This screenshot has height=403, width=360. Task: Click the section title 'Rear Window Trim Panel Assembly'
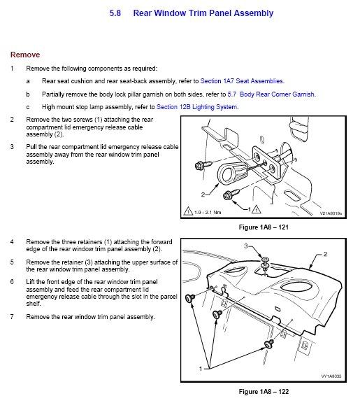pyautogui.click(x=203, y=13)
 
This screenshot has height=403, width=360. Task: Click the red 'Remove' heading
pyautogui.click(x=25, y=55)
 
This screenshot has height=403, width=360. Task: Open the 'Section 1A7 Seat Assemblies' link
pyautogui.click(x=242, y=81)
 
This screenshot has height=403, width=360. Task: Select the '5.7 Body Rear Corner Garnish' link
pyautogui.click(x=271, y=94)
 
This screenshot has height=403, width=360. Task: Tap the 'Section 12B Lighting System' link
pyautogui.click(x=197, y=107)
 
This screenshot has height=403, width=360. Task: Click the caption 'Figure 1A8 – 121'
pyautogui.click(x=264, y=227)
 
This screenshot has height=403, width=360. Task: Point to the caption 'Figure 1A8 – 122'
pyautogui.click(x=264, y=391)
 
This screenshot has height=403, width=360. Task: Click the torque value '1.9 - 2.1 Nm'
pyautogui.click(x=208, y=212)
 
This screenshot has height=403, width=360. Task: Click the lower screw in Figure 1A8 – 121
pyautogui.click(x=231, y=195)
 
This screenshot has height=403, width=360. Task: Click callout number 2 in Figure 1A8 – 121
pyautogui.click(x=203, y=195)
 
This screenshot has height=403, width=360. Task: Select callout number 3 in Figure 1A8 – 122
pyautogui.click(x=246, y=246)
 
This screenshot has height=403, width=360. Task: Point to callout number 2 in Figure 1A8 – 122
pyautogui.click(x=325, y=254)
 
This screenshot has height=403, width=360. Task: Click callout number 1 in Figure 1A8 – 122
pyautogui.click(x=201, y=369)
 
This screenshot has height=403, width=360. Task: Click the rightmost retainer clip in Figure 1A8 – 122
pyautogui.click(x=269, y=344)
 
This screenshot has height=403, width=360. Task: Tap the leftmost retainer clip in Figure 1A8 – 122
pyautogui.click(x=190, y=298)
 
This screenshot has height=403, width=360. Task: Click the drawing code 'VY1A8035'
pyautogui.click(x=331, y=376)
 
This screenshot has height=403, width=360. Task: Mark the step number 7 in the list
pyautogui.click(x=12, y=316)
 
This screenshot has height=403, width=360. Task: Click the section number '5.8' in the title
pyautogui.click(x=115, y=13)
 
